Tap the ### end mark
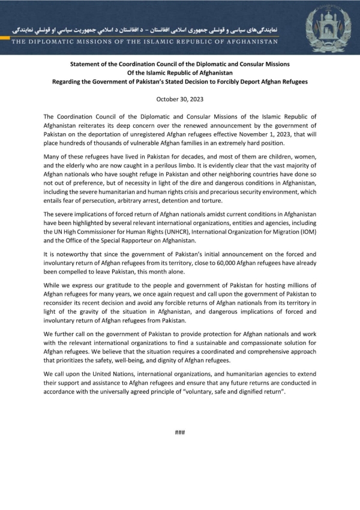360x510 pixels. [x=179, y=432]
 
